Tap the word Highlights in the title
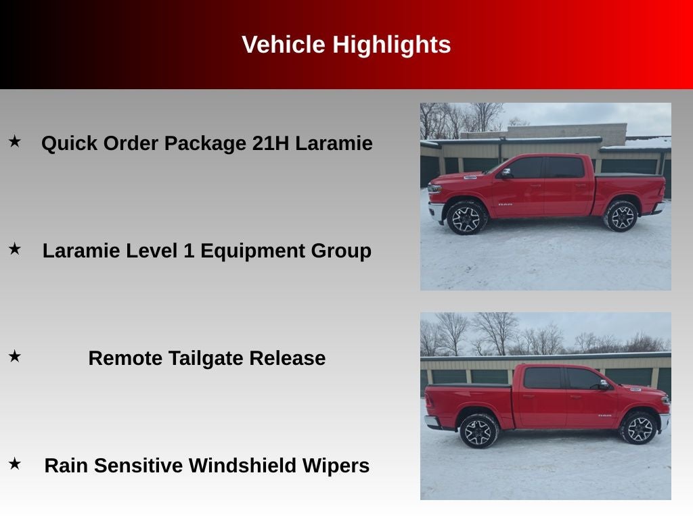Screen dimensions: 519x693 (x=391, y=45)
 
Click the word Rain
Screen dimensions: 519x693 (x=66, y=466)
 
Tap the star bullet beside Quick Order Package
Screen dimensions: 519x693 (x=14, y=141)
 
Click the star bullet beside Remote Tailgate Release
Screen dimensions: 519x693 (x=14, y=356)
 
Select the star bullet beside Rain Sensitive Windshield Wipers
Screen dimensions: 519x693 (x=14, y=464)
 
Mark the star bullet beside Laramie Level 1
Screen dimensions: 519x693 (x=14, y=249)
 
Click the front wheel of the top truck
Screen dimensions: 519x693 (x=466, y=218)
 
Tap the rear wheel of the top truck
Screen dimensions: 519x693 (x=621, y=216)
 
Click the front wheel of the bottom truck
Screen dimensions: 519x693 (x=640, y=428)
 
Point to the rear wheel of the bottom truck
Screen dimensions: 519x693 (x=479, y=431)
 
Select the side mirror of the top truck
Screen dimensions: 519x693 (x=506, y=173)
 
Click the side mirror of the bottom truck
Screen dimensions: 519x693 (x=602, y=385)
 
